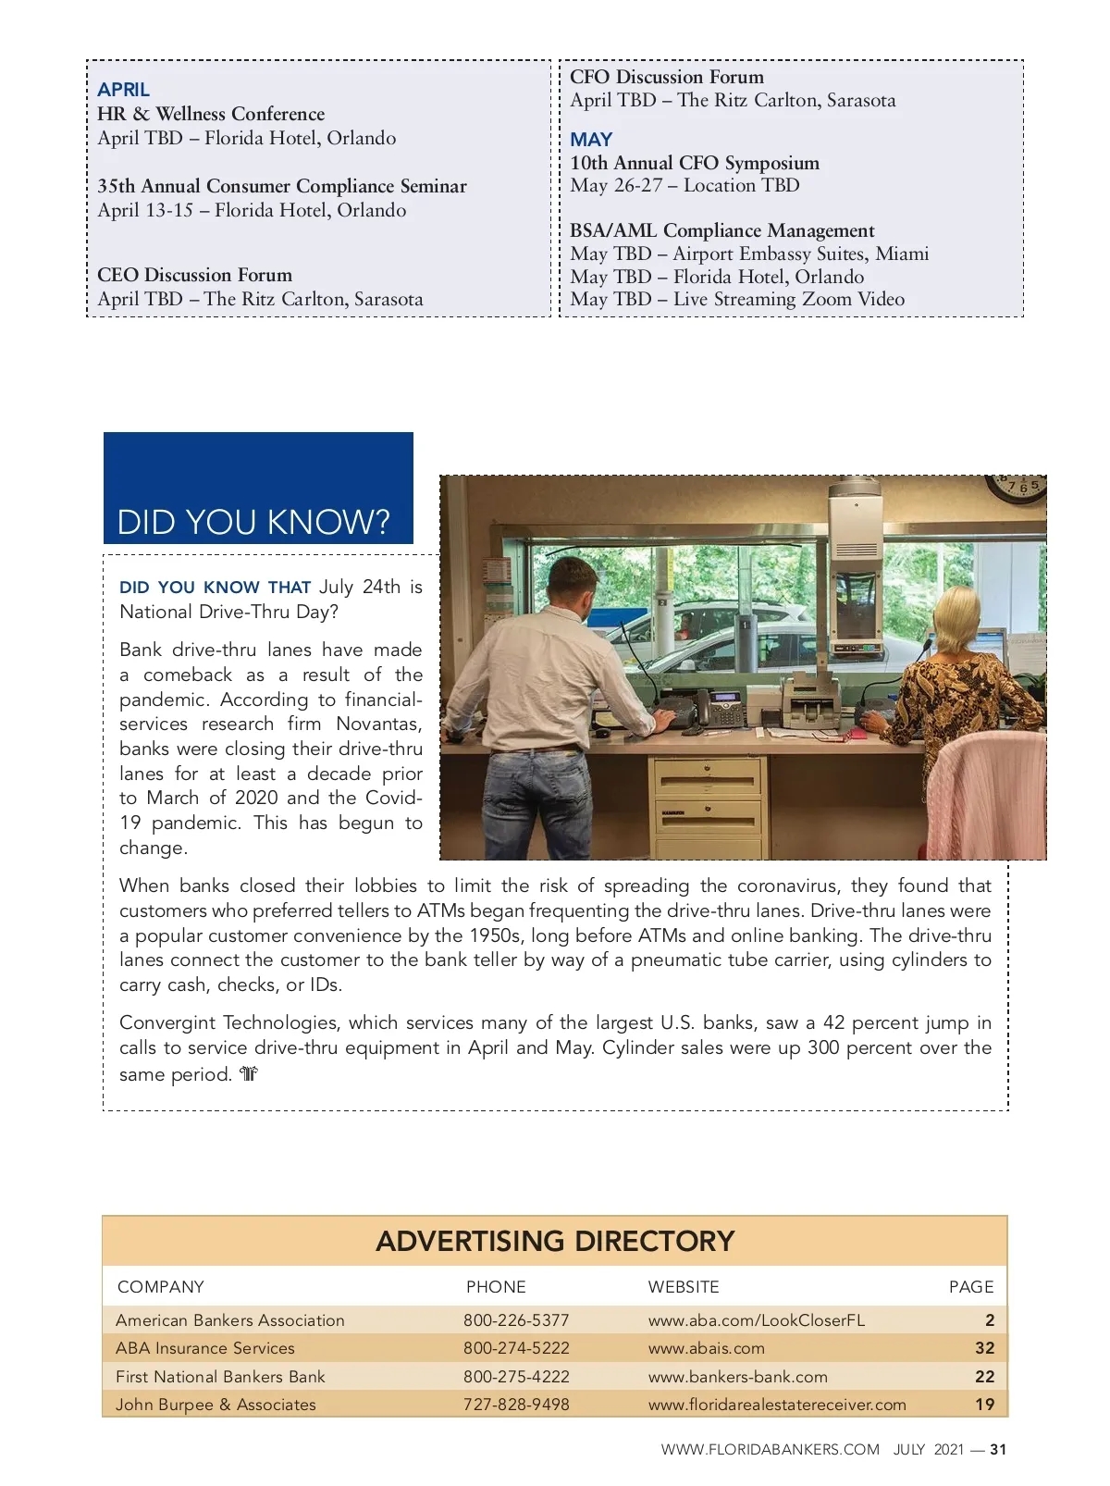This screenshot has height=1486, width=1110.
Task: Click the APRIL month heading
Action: point(123,90)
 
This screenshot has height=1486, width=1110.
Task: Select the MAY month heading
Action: point(591,140)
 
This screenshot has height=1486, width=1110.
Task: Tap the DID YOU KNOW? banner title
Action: point(253,523)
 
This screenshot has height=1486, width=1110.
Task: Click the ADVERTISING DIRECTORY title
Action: point(555,1241)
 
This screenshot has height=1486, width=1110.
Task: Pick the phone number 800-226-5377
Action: point(516,1320)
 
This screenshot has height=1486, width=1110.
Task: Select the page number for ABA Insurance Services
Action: point(984,1348)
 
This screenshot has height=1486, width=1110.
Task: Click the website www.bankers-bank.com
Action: point(737,1377)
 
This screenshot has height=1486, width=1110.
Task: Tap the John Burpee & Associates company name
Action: point(216,1405)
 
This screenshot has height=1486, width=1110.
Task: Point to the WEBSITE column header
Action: point(683,1287)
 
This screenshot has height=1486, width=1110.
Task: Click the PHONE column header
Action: point(496,1287)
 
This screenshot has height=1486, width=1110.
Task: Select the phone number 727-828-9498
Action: point(516,1405)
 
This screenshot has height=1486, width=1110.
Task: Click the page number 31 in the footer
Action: point(998,1450)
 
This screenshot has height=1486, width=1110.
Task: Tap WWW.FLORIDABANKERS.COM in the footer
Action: point(770,1450)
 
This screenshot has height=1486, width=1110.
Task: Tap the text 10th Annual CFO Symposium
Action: point(694,163)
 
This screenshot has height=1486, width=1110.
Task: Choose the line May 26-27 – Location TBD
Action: point(684,186)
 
